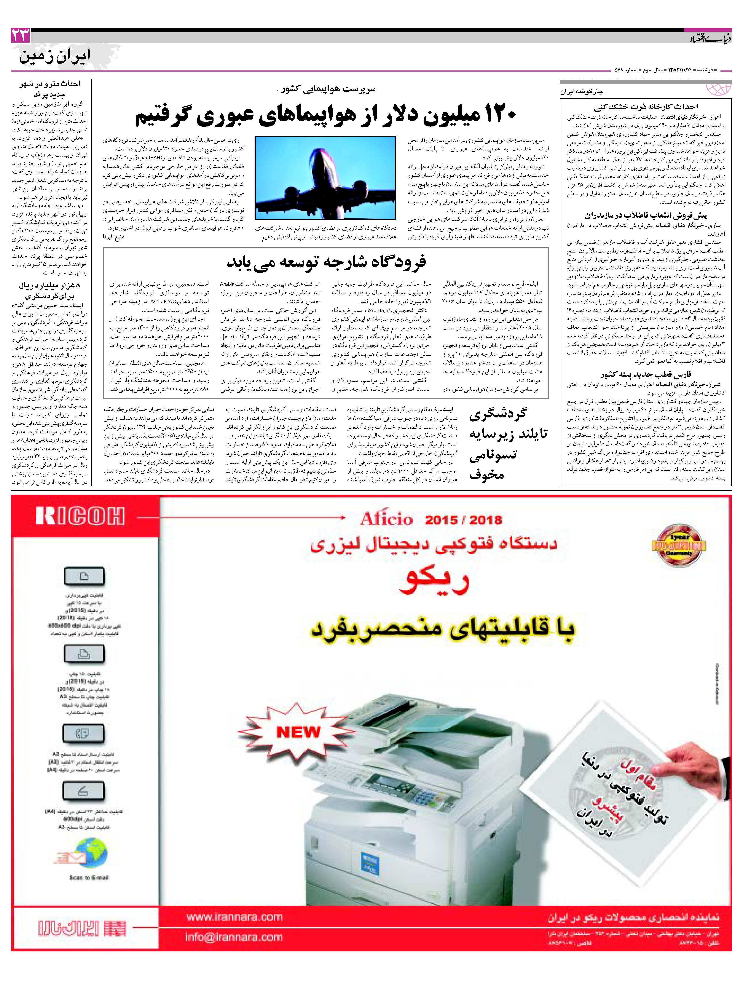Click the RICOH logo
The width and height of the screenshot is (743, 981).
(80, 516)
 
